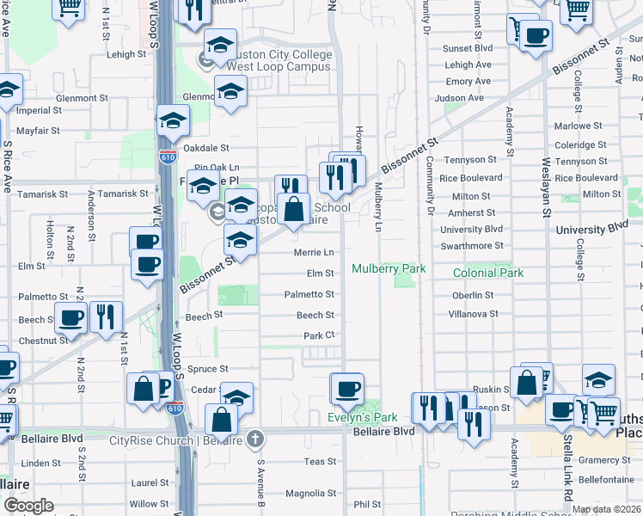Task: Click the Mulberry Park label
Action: click(x=389, y=269)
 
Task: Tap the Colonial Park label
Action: click(x=488, y=273)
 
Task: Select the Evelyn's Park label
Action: click(x=362, y=418)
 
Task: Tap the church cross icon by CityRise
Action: click(x=254, y=439)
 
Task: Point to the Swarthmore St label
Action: click(x=471, y=246)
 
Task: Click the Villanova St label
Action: click(x=473, y=314)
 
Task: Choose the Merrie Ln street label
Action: click(x=314, y=253)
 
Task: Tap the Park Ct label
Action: click(x=318, y=335)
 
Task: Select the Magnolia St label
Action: click(x=309, y=493)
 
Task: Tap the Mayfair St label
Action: click(x=38, y=131)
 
